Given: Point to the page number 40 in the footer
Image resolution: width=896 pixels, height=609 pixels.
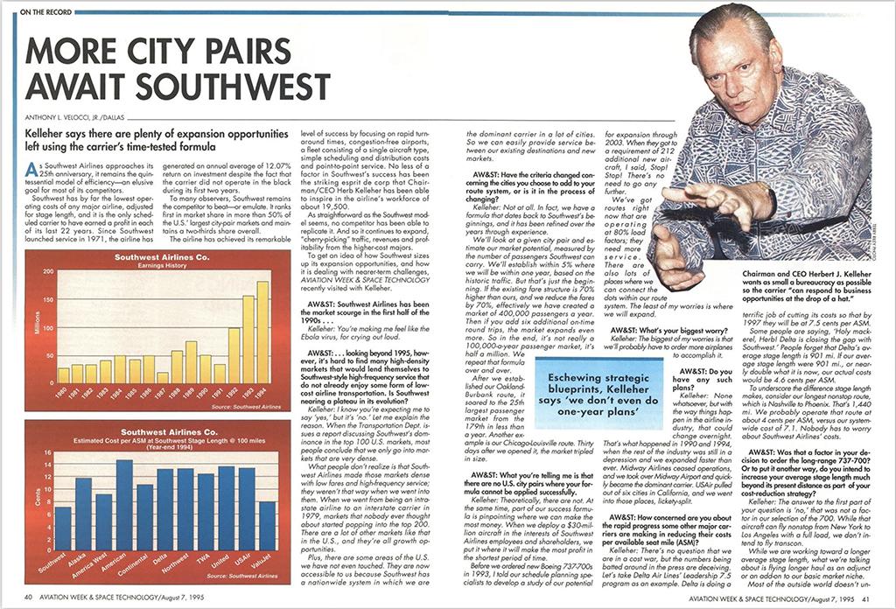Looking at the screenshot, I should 29,598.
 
